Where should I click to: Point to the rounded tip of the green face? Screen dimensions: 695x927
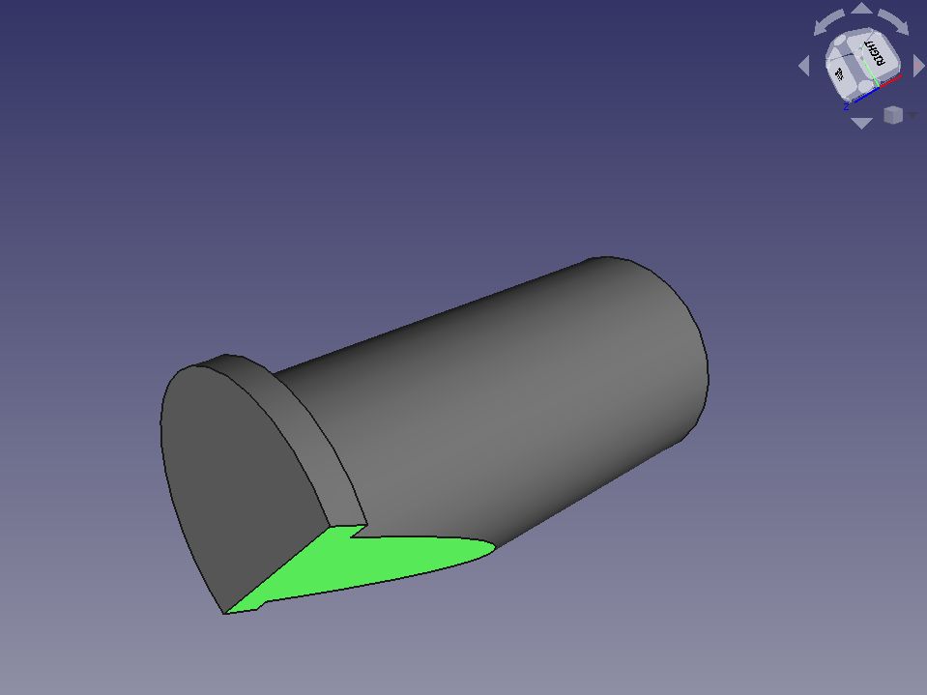(x=489, y=550)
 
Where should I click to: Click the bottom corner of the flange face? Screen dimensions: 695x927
(x=226, y=612)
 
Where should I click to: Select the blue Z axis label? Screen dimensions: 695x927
(x=846, y=105)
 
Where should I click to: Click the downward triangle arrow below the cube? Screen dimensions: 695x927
(x=860, y=123)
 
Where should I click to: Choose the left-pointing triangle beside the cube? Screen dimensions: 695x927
(x=803, y=66)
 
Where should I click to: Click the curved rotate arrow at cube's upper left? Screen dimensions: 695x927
(x=827, y=21)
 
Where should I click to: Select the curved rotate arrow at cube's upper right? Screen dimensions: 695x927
(x=894, y=21)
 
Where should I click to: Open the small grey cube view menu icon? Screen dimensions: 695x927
(x=892, y=115)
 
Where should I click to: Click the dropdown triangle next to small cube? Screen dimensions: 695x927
(x=912, y=115)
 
